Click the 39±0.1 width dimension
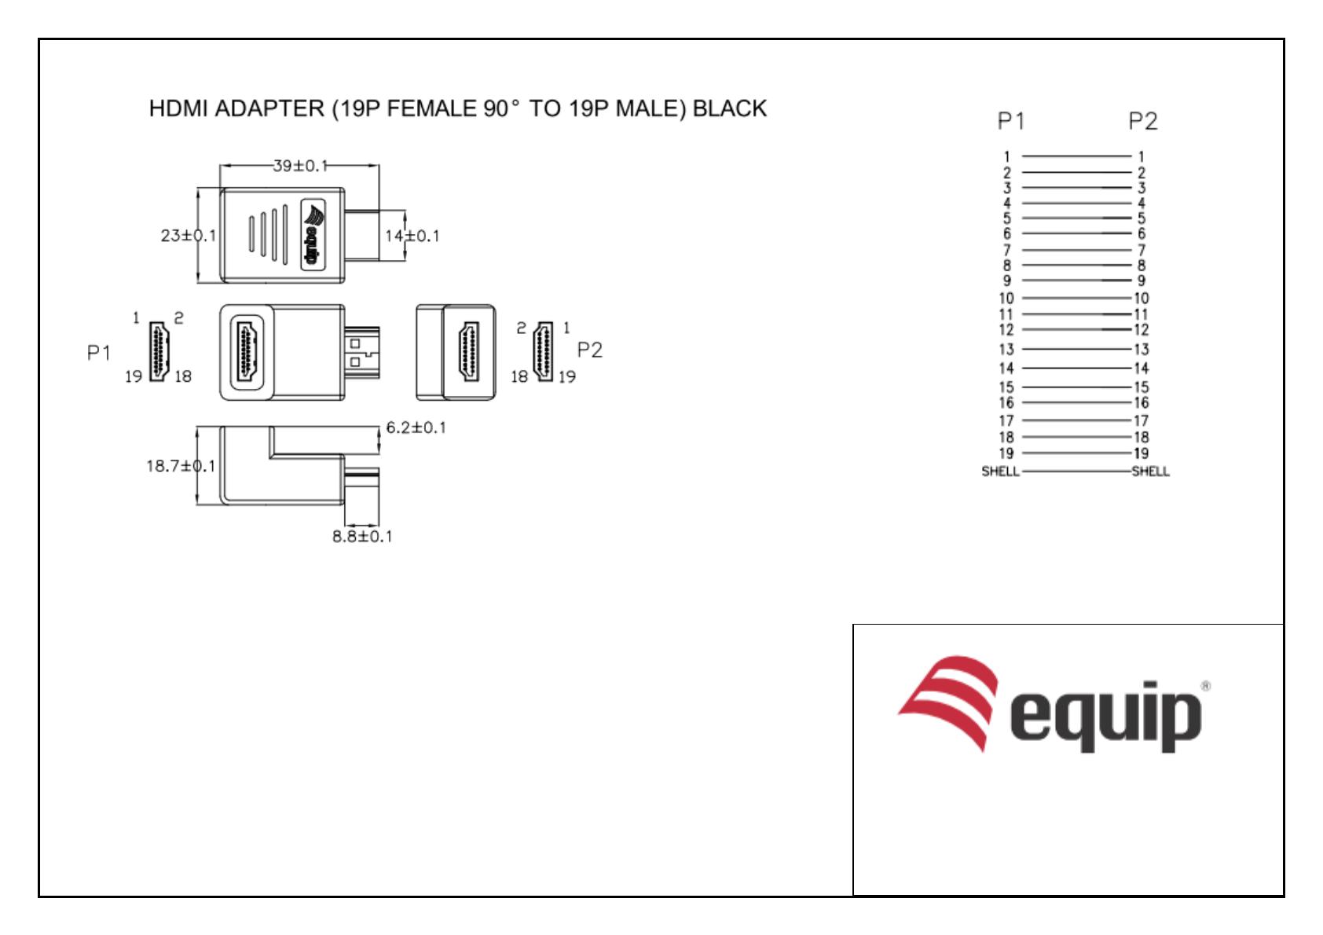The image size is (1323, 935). coord(299,166)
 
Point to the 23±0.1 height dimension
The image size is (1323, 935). coord(188,236)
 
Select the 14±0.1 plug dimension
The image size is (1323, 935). coord(412,236)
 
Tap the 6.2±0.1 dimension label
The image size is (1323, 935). coord(416,427)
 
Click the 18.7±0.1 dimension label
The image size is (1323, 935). coord(180,466)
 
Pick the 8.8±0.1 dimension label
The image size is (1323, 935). coord(362,537)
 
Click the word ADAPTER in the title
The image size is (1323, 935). coord(269,108)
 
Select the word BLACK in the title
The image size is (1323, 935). coord(729,108)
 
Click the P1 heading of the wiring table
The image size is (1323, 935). coord(1010,121)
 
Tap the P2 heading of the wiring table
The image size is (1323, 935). coord(1142,121)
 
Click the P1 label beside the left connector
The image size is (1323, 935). coord(99,353)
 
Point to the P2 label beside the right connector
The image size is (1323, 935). coord(589,350)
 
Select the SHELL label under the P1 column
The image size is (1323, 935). coord(1000,471)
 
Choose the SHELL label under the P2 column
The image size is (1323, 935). coord(1150,471)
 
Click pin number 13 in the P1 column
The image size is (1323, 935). coord(1006,350)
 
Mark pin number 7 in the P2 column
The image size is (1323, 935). coord(1142,250)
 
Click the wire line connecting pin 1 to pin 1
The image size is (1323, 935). coord(1076,156)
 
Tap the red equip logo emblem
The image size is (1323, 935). coord(949,702)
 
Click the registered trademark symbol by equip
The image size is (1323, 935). coord(1206,686)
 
